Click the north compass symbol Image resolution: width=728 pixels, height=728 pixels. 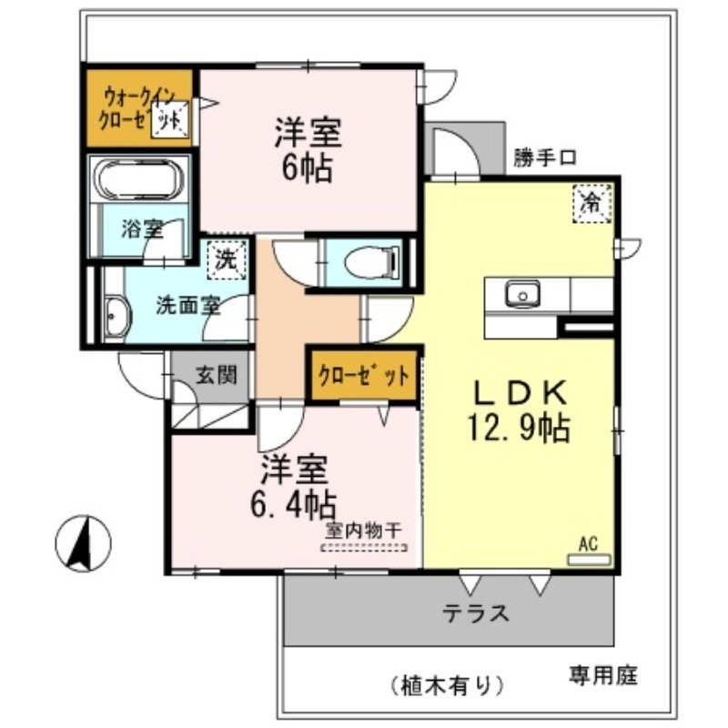(83, 544)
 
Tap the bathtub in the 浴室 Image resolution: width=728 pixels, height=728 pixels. (138, 180)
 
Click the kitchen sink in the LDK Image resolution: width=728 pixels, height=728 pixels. (522, 294)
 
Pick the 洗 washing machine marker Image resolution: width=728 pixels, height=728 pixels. (224, 258)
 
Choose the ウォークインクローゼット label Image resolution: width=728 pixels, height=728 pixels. (136, 106)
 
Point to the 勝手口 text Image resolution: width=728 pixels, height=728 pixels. (544, 157)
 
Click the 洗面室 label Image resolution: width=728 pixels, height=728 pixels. (187, 306)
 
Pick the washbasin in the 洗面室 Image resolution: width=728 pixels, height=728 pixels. (115, 318)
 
